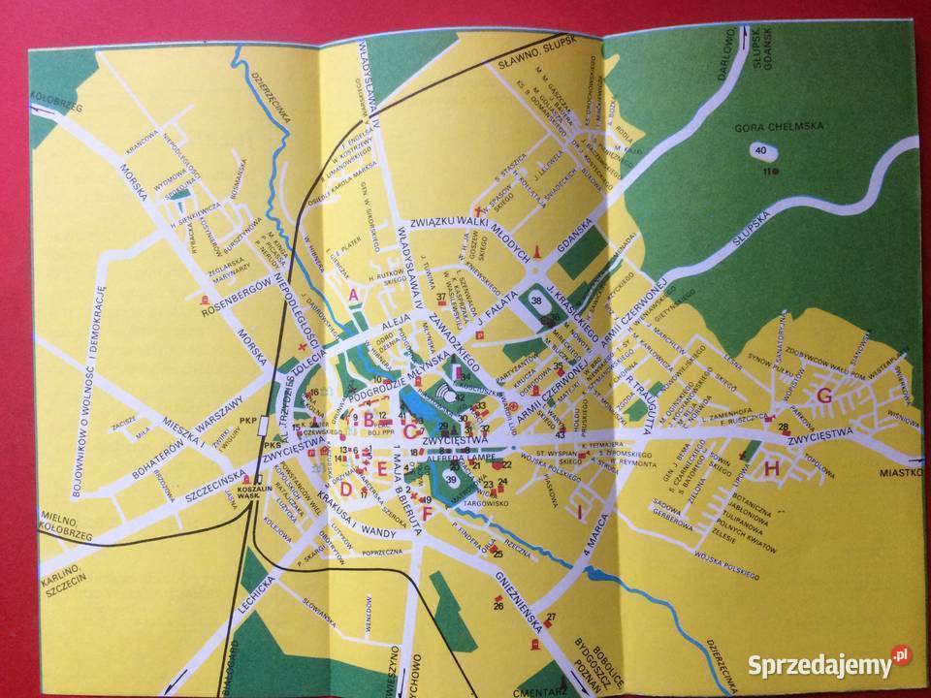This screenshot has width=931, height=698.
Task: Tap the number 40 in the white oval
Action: (x=758, y=150)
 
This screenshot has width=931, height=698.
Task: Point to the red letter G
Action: (x=826, y=395)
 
